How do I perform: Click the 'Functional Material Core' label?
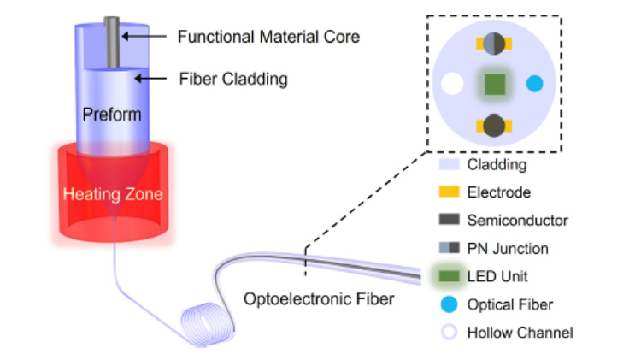click(268, 37)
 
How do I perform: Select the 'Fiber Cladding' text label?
click(232, 80)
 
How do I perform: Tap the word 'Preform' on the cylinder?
click(112, 115)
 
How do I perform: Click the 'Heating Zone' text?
click(112, 194)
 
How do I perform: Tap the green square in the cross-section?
click(493, 84)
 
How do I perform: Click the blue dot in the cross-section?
click(535, 84)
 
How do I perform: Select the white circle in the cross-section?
click(451, 84)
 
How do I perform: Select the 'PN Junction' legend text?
click(508, 249)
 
